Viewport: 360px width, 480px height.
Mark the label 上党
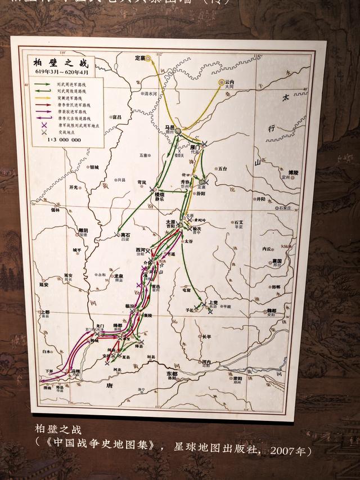tap(213, 302)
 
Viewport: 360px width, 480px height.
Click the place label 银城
tap(94, 167)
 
